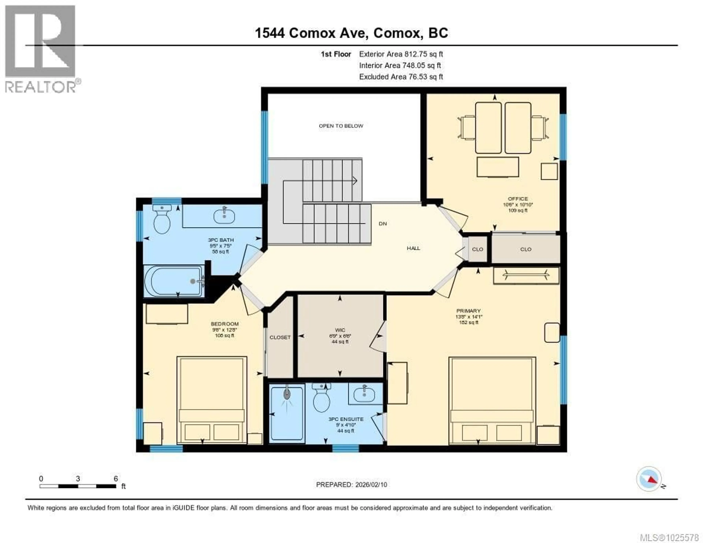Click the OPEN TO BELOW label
tap(341, 126)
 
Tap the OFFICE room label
tap(518, 199)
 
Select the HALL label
tap(413, 248)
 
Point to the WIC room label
tap(340, 330)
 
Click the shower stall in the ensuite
tap(287, 414)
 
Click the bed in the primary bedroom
tap(492, 401)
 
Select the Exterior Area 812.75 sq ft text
tap(401, 54)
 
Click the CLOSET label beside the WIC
tap(280, 337)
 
